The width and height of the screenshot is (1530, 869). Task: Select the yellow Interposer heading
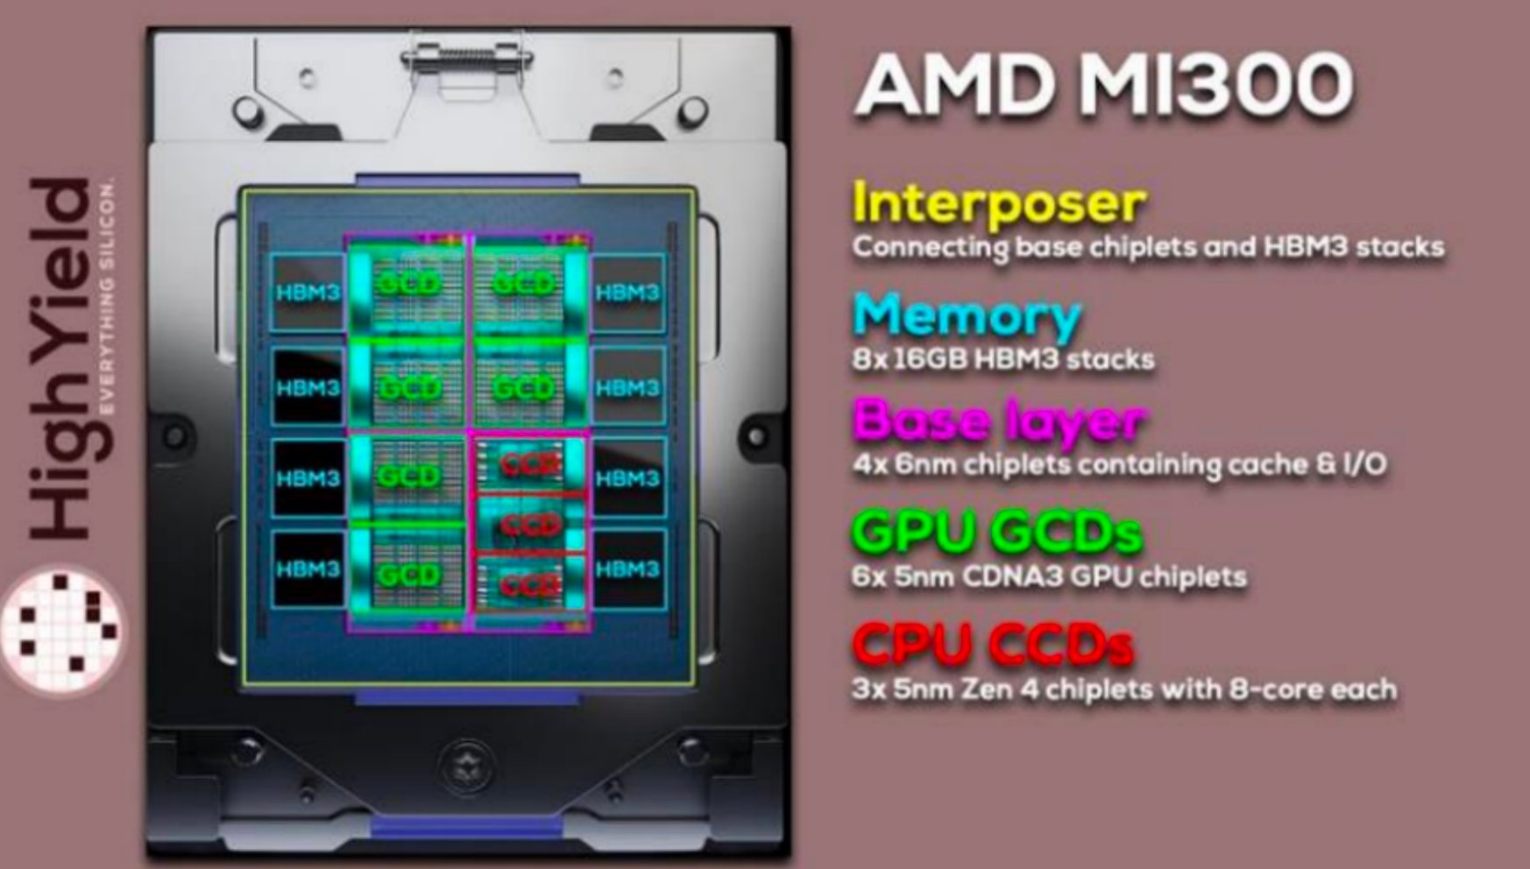click(998, 203)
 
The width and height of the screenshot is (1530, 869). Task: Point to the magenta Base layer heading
click(998, 421)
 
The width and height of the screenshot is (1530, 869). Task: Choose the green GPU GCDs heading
click(997, 532)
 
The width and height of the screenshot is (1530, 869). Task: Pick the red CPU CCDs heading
click(992, 644)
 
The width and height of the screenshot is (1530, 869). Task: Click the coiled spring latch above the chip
click(466, 57)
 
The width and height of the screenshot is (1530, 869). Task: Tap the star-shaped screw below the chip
click(467, 765)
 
